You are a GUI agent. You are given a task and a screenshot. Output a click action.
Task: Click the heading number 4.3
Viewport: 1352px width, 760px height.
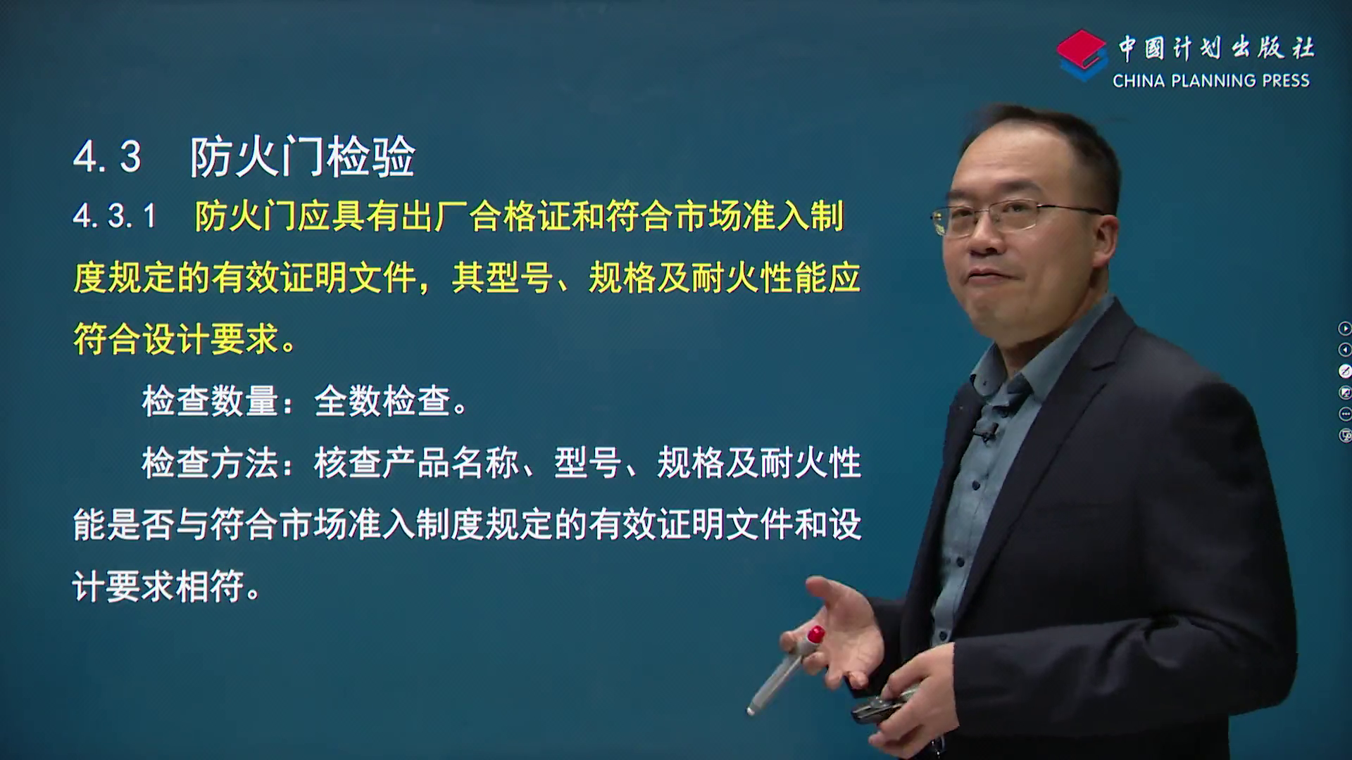click(107, 156)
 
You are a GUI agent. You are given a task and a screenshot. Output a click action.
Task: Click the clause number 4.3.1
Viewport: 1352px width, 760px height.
click(114, 216)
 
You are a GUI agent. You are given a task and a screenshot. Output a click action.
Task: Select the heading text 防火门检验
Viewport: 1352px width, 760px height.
click(302, 156)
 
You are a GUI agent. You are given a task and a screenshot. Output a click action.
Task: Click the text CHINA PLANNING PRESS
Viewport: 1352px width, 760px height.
click(1211, 81)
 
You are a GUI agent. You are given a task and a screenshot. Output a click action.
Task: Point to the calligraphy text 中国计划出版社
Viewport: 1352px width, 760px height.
click(1216, 48)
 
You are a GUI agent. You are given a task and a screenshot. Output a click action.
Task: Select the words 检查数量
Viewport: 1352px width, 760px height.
click(210, 401)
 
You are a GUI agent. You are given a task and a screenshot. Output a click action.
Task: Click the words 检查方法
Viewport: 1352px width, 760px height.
click(210, 463)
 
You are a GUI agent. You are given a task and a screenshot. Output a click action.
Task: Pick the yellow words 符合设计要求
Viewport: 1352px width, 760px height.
click(175, 339)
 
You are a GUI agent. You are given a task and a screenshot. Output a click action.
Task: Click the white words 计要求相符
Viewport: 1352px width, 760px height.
click(158, 586)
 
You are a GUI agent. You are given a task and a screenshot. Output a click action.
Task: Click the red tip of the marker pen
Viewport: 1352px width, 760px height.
click(815, 634)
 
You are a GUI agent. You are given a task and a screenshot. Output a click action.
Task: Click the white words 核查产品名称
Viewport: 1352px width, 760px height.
click(417, 463)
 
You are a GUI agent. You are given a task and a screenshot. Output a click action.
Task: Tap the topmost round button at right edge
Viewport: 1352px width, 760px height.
click(1344, 328)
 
